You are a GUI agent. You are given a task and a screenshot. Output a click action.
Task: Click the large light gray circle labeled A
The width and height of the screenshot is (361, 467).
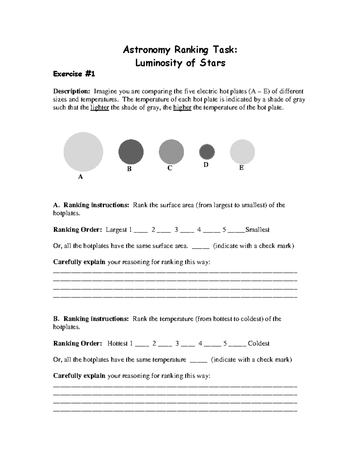pos(83,152)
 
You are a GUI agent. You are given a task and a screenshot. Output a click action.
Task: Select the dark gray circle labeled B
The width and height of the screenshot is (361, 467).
pos(131,152)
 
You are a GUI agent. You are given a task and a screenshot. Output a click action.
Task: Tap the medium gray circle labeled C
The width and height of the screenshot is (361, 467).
pos(171,152)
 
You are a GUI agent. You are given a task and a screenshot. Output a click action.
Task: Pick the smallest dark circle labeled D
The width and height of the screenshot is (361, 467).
pos(207,152)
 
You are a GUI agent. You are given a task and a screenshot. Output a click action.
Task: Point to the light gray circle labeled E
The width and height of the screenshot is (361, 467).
pos(242,152)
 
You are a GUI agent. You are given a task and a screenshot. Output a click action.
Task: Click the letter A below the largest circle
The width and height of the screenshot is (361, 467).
pos(80,177)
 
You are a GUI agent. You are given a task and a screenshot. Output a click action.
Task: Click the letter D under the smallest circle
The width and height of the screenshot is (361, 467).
pos(206,165)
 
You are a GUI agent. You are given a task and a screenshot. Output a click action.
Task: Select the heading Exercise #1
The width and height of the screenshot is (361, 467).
pos(74,74)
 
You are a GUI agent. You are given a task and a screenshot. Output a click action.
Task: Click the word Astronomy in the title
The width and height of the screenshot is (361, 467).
pos(147,50)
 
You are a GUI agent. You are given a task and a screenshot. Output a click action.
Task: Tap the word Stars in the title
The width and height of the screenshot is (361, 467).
pos(212,63)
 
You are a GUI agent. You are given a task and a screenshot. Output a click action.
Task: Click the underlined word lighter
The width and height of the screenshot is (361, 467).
pos(100,108)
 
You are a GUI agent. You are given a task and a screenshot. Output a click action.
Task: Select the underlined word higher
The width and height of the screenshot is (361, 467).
pos(182,108)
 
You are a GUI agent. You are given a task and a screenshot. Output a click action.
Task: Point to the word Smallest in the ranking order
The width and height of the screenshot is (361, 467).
pos(257,230)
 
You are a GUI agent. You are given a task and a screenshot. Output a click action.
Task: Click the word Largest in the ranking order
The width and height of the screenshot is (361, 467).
pos(116,230)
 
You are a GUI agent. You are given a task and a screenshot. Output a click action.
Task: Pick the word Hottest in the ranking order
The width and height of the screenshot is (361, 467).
pos(118,343)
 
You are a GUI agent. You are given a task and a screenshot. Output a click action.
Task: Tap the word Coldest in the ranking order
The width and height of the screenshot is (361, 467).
pos(258,343)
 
